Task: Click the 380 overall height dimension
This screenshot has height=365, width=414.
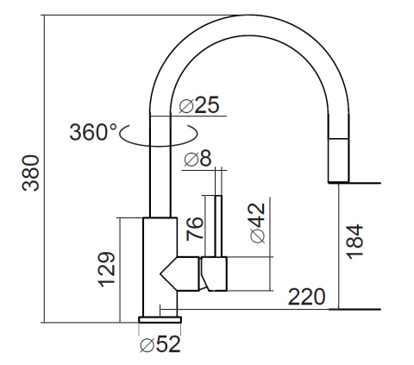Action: coord(31,173)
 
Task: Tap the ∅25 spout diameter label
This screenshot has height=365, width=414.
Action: coord(199,105)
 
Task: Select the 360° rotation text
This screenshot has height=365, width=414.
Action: coord(94,132)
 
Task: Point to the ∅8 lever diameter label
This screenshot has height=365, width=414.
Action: coord(198,159)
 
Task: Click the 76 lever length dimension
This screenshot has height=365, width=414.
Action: coord(195,229)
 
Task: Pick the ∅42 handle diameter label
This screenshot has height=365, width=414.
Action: coord(257,223)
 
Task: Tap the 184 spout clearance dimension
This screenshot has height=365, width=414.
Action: coord(354,242)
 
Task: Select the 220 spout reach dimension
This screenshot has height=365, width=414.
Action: coord(307,297)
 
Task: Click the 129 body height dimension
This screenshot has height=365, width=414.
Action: coord(107,269)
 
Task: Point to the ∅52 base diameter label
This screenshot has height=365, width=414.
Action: coord(160,344)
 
